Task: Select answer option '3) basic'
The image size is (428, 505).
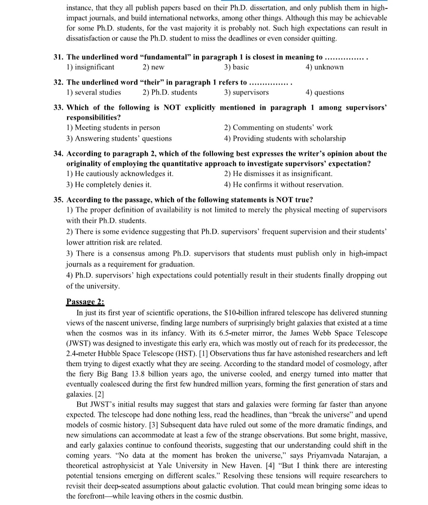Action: coord(237,67)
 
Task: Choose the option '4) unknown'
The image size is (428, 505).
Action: coord(325,67)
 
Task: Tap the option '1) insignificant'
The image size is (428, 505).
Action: coord(90,67)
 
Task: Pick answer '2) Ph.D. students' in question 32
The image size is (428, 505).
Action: coord(170,92)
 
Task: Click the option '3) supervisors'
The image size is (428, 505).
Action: coord(246,92)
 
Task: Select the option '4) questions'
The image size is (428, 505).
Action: coord(325,92)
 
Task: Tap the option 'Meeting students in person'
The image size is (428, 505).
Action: coord(113,128)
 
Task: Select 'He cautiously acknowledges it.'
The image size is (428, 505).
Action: coord(120,173)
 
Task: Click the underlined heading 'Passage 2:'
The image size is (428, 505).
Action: coord(85,302)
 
